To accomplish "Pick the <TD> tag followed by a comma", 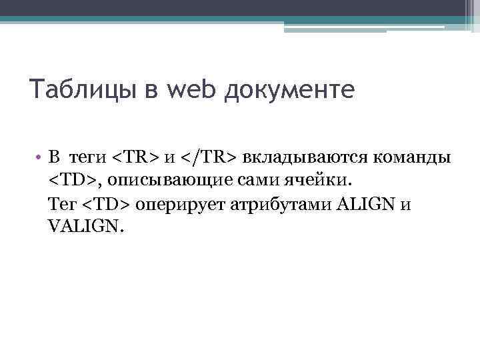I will [x=73, y=181].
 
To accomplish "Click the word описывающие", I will [x=158, y=181].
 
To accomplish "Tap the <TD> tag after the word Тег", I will [x=107, y=204].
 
